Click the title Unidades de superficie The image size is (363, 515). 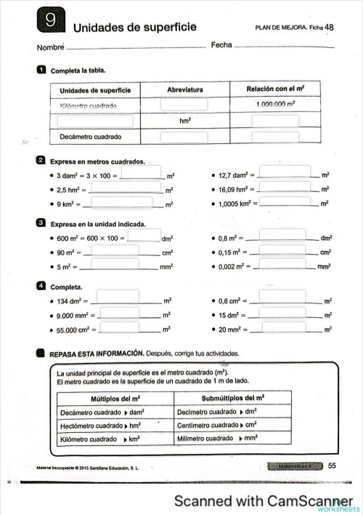click(x=134, y=28)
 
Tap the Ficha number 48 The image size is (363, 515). click(x=330, y=28)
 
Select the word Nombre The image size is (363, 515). click(x=50, y=48)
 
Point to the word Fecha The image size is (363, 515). click(x=221, y=45)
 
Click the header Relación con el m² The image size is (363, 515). click(x=275, y=89)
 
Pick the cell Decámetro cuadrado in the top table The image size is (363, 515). click(x=90, y=137)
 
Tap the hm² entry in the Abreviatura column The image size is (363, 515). click(x=184, y=121)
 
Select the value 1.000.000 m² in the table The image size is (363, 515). click(x=275, y=105)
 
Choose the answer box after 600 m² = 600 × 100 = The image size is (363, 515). click(x=144, y=236)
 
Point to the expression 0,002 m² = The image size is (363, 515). click(x=237, y=267)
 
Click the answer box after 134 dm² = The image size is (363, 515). click(x=117, y=297)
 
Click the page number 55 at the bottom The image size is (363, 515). click(x=332, y=466)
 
